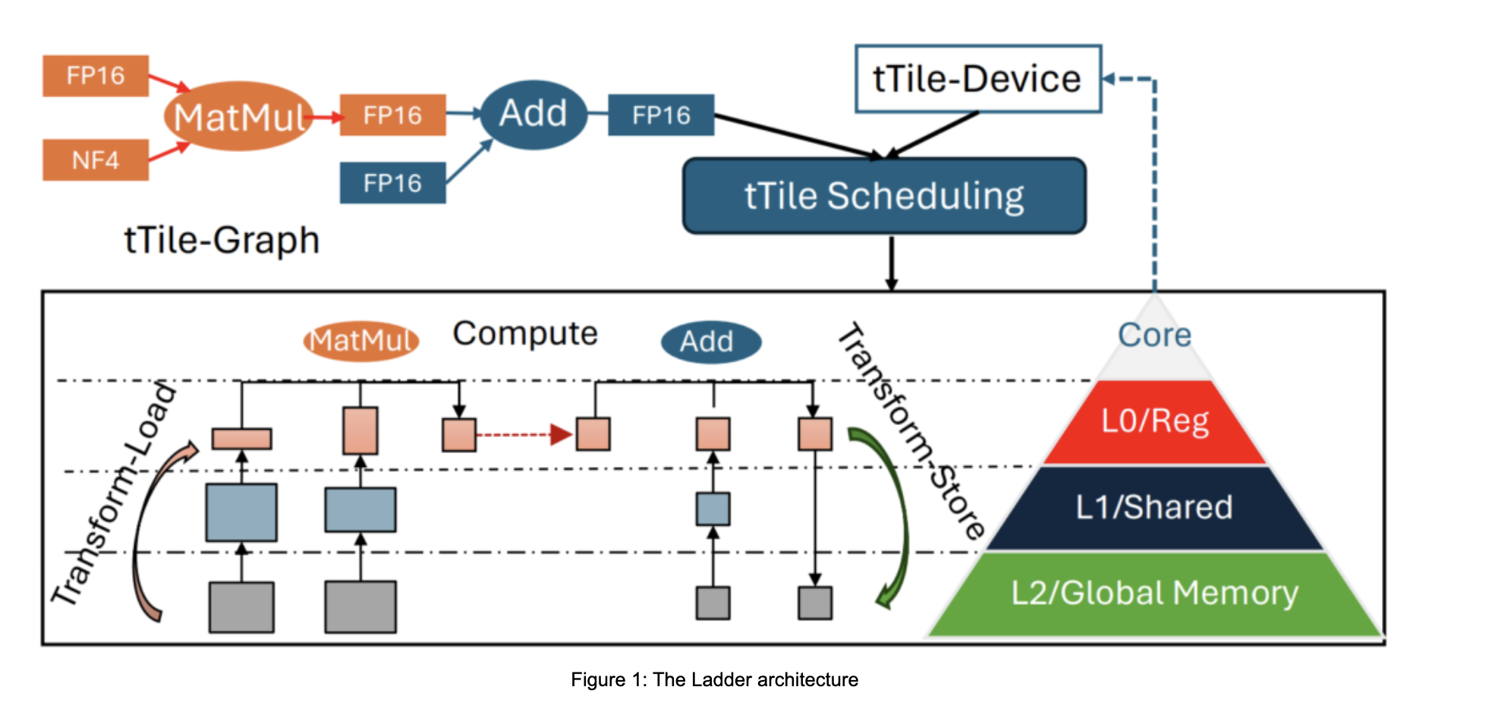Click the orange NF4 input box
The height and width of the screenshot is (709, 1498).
click(x=95, y=159)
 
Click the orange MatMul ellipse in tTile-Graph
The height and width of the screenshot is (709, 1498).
click(x=238, y=117)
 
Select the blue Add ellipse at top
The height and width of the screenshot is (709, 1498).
click(x=533, y=114)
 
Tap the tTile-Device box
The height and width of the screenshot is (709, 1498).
click(x=977, y=79)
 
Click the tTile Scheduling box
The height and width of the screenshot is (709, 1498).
click(x=884, y=196)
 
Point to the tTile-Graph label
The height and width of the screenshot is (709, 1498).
click(x=222, y=241)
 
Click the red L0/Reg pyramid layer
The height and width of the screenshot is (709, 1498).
click(x=1154, y=422)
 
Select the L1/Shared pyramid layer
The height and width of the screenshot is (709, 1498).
click(x=1154, y=507)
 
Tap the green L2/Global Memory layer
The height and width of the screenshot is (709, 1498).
click(x=1154, y=594)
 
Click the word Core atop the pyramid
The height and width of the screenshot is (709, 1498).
click(x=1154, y=335)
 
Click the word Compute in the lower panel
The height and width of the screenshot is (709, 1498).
click(x=525, y=333)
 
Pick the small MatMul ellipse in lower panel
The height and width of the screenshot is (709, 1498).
click(x=361, y=341)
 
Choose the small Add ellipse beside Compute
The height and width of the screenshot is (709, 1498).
click(x=710, y=342)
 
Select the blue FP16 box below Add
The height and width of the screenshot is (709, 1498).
click(x=392, y=183)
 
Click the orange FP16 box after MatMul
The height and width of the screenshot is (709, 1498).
click(x=392, y=115)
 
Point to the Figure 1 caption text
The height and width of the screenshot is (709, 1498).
click(x=714, y=679)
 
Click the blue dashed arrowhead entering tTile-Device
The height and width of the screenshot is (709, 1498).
click(x=1108, y=79)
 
